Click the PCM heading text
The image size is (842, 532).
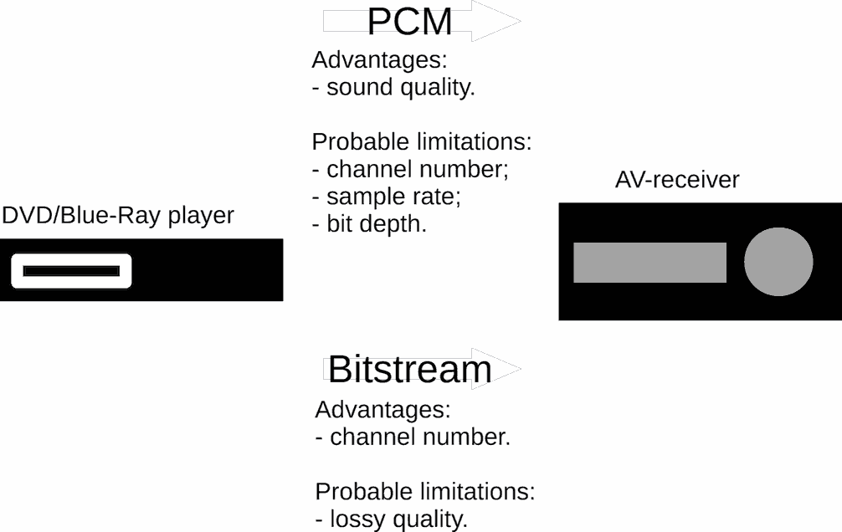click(x=410, y=22)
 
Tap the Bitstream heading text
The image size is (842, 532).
click(x=410, y=370)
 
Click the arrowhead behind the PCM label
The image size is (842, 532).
click(x=496, y=21)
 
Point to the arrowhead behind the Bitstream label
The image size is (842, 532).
click(x=496, y=369)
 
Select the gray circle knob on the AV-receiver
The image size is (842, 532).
click(x=778, y=262)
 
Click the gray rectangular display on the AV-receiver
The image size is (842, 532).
click(x=649, y=263)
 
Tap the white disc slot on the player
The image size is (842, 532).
click(x=71, y=271)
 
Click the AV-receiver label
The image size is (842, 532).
click(x=677, y=180)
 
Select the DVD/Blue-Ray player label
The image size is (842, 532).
click(x=118, y=216)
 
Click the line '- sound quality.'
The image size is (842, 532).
click(x=393, y=88)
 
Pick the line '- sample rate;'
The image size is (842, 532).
click(x=387, y=197)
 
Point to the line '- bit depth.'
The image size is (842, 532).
click(x=369, y=224)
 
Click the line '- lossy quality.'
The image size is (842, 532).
click(x=392, y=519)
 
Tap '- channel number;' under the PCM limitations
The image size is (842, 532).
click(x=410, y=169)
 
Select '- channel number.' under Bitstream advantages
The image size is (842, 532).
click(x=413, y=437)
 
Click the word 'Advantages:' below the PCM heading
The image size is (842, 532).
click(x=380, y=59)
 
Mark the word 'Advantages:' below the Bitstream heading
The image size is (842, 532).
click(x=382, y=410)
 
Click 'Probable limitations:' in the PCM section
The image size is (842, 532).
click(x=422, y=141)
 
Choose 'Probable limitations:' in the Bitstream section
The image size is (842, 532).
click(x=425, y=492)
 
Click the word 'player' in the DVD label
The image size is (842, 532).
click(x=201, y=217)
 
